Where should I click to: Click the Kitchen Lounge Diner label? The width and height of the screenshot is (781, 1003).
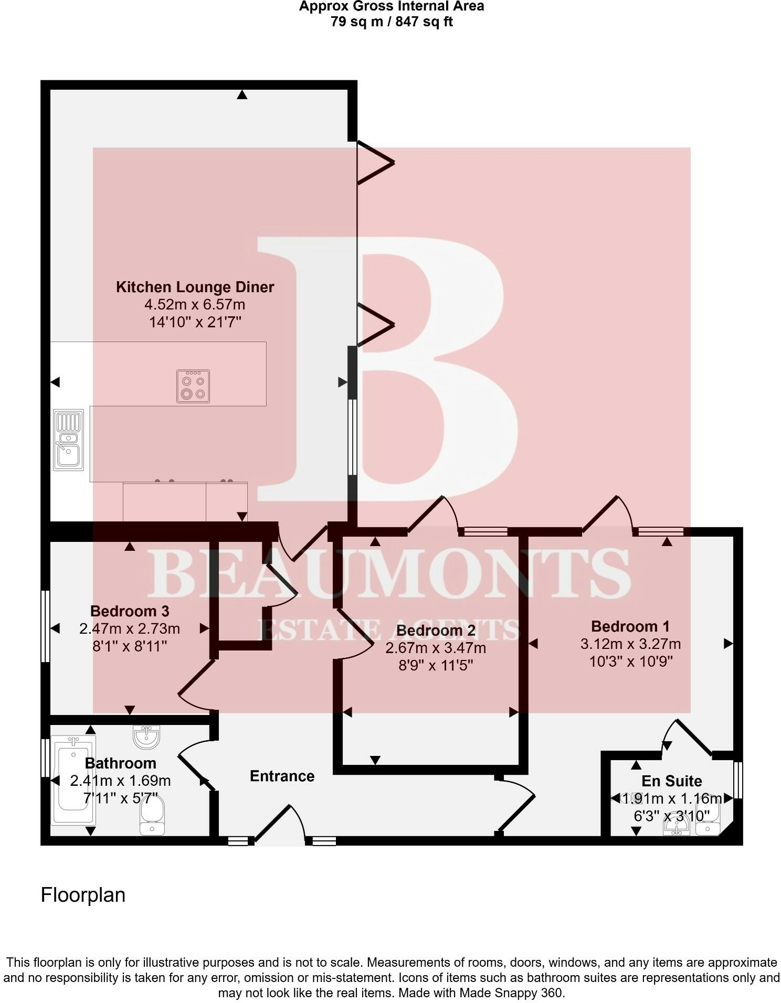pyautogui.click(x=195, y=287)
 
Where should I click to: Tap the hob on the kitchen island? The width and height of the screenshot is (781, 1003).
pyautogui.click(x=193, y=387)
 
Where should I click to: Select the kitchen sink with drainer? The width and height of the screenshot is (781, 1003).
pyautogui.click(x=69, y=439)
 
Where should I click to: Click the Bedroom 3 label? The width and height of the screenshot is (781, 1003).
pyautogui.click(x=130, y=611)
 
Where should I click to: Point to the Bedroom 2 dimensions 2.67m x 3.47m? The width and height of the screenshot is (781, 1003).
pyautogui.click(x=436, y=648)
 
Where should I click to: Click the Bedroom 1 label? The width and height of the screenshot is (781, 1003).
pyautogui.click(x=630, y=626)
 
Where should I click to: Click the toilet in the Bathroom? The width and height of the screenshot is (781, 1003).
pyautogui.click(x=152, y=816)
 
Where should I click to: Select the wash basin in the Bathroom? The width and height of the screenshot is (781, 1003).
pyautogui.click(x=146, y=737)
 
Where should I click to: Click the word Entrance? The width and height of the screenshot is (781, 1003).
pyautogui.click(x=282, y=776)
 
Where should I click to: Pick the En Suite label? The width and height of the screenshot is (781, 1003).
pyautogui.click(x=672, y=781)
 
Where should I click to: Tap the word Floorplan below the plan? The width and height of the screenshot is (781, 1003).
pyautogui.click(x=83, y=895)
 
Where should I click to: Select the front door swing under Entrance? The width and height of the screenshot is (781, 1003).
pyautogui.click(x=279, y=824)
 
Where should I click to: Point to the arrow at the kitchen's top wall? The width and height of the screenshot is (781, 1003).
pyautogui.click(x=242, y=95)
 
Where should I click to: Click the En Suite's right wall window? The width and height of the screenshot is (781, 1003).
pyautogui.click(x=738, y=780)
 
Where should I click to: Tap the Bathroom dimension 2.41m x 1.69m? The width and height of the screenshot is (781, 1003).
pyautogui.click(x=120, y=781)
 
